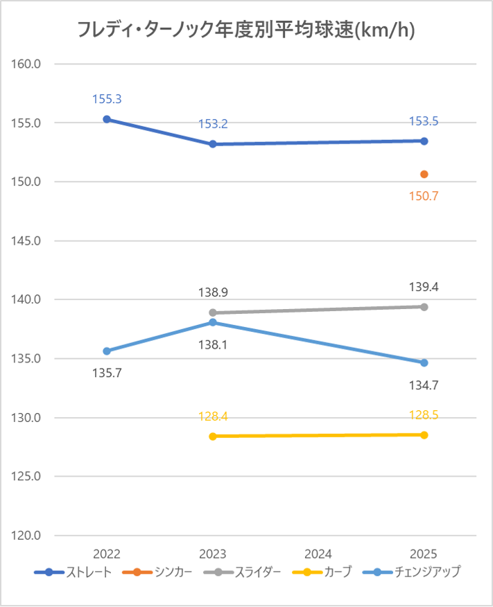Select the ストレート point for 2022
(x=107, y=119)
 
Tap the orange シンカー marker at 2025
(x=424, y=174)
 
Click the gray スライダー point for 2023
(x=213, y=313)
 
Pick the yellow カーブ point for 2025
(x=424, y=435)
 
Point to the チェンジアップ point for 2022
(x=107, y=351)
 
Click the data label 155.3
(x=107, y=99)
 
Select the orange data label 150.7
(x=424, y=196)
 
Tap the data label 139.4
(x=424, y=286)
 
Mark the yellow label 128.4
(x=213, y=416)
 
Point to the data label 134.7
(x=424, y=383)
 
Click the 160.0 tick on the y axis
(x=28, y=64)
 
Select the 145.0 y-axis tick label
(x=28, y=241)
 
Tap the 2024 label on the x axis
(x=318, y=554)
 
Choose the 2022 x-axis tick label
(x=107, y=554)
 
